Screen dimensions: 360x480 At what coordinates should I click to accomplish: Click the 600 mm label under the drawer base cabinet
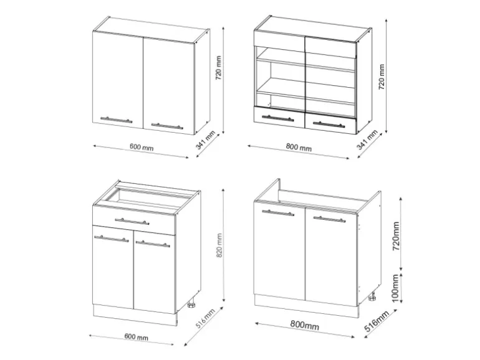[x=137, y=338]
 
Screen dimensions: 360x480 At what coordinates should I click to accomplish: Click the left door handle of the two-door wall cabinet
[x=116, y=118]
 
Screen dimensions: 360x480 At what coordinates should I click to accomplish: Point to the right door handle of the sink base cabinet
[x=330, y=219]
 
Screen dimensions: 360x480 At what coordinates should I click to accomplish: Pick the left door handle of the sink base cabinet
[x=278, y=213]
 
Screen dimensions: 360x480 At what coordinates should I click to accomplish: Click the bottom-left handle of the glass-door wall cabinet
[x=278, y=117]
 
